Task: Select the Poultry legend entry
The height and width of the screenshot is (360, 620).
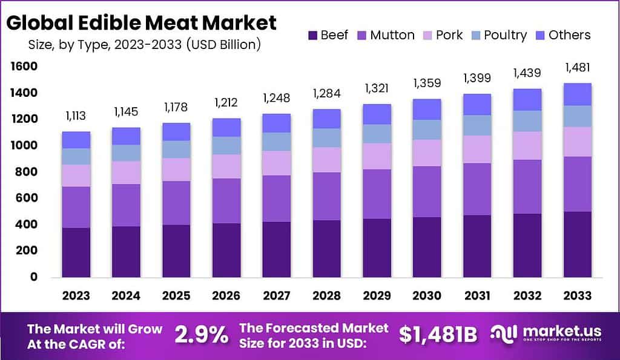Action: pos(496,34)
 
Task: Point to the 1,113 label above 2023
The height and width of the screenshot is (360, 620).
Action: pos(76,116)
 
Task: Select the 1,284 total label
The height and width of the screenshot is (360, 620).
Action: pos(326,93)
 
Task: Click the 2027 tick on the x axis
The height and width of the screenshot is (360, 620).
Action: pos(276,295)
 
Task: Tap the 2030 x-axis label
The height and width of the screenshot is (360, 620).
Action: pos(426,295)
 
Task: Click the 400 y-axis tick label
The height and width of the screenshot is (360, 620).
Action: pos(27,224)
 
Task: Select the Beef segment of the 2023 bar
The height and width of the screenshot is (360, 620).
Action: pos(76,252)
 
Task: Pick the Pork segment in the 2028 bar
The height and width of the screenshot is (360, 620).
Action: pos(326,160)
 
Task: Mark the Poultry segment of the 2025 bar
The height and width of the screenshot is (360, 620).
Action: pos(176,149)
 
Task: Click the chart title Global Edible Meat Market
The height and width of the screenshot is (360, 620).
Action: pos(141,22)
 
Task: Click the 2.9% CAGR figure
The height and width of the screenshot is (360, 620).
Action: pos(202,334)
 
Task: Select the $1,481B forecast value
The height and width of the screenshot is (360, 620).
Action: pos(438,334)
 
